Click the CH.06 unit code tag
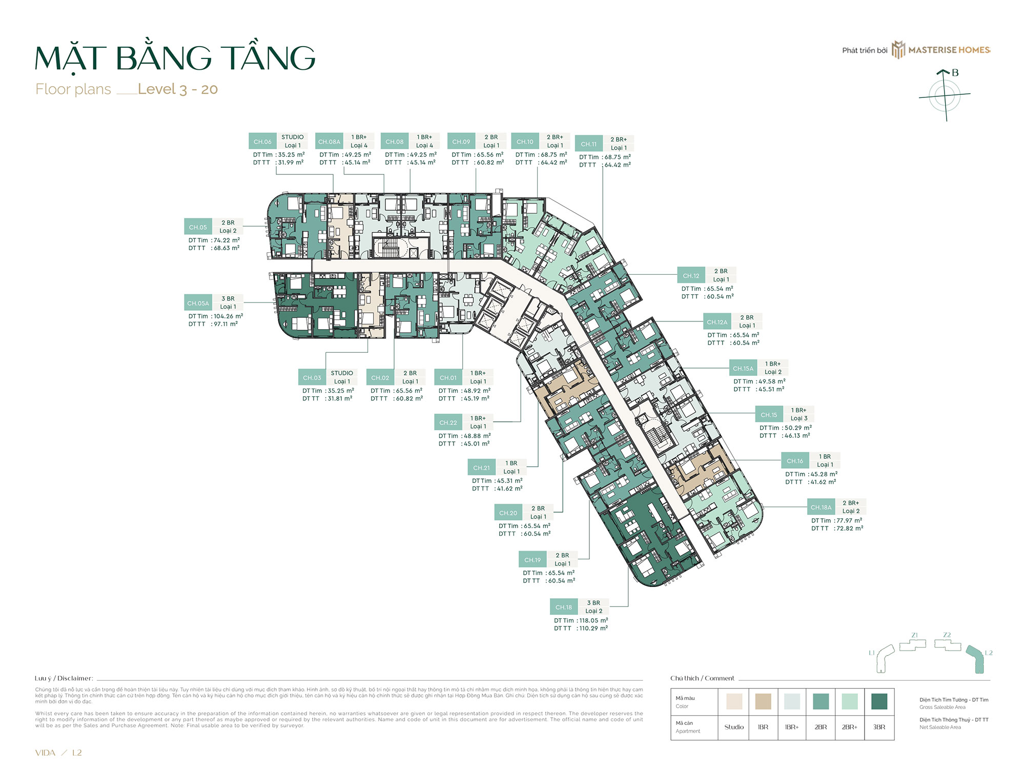tap(262, 141)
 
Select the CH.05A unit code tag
tap(198, 303)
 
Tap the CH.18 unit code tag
tap(564, 607)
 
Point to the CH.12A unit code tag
tap(717, 322)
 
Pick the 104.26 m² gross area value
tap(228, 316)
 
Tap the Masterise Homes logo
tap(942, 50)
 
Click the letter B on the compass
tap(955, 73)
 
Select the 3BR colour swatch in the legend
tap(879, 701)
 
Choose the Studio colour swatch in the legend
tap(734, 701)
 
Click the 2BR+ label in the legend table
tap(850, 727)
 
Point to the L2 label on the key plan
tap(989, 653)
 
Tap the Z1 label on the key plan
tap(915, 635)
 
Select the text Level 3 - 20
tap(178, 89)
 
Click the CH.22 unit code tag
tap(448, 422)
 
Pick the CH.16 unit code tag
tap(795, 461)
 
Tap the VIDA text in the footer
tap(45, 753)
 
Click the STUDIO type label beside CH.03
tap(342, 373)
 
